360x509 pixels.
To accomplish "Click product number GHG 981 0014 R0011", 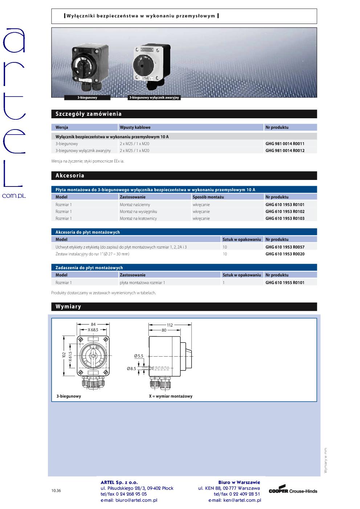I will click(285, 144).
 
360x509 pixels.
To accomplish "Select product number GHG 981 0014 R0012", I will click(285, 151).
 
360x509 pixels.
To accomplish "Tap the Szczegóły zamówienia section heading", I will click(89, 114).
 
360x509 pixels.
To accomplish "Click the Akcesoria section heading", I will click(70, 176).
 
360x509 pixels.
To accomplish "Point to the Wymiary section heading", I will click(68, 307).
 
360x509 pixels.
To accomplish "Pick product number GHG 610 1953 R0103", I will click(285, 218).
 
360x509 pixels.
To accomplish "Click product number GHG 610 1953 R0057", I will click(285, 247).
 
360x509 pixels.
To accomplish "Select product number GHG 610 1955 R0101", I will click(285, 283).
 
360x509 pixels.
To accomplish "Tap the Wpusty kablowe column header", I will click(135, 127).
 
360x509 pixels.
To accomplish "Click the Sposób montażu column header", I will click(208, 197).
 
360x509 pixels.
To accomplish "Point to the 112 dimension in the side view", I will click(170, 325).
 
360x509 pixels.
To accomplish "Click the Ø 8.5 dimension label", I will click(131, 369).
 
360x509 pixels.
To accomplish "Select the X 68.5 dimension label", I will click(93, 330).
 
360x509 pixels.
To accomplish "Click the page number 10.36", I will click(56, 491).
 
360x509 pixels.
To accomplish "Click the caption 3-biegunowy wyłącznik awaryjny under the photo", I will click(155, 98).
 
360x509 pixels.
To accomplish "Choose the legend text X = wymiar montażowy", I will click(171, 396).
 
